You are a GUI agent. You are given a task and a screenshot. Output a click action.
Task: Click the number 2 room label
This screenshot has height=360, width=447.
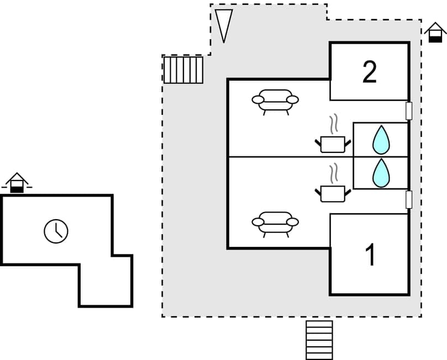tap(370, 72)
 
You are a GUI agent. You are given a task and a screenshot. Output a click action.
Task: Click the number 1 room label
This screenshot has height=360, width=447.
tap(371, 255)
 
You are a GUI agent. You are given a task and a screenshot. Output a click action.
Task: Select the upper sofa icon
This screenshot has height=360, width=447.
tap(275, 100)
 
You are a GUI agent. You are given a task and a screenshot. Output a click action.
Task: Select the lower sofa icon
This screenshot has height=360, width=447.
tap(275, 223)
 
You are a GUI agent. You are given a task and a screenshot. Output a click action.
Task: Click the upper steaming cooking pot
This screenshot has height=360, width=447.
tap(332, 144)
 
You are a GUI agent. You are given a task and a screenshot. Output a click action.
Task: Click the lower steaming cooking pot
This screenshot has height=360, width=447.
tap(332, 193)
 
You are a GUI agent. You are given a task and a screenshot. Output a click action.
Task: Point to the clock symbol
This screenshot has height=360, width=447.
tap(56, 231)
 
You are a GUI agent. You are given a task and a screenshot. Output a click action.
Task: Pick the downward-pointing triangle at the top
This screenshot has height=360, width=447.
tap(223, 24)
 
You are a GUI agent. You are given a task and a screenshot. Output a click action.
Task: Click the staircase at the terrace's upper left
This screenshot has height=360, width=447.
tap(183, 70)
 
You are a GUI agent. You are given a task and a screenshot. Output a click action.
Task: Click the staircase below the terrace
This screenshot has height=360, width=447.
tap(319, 340)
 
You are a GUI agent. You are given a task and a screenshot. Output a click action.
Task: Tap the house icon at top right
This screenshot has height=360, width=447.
tap(435, 33)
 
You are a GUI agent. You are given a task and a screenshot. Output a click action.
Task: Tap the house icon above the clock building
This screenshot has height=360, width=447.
tap(17, 183)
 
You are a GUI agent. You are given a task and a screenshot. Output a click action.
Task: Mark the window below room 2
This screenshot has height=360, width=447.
tap(409, 110)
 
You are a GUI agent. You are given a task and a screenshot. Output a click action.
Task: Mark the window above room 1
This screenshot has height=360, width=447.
tap(409, 199)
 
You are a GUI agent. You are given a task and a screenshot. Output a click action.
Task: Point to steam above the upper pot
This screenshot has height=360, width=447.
tap(332, 124)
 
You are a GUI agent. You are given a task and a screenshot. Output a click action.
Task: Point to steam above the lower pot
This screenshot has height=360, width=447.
tap(332, 173)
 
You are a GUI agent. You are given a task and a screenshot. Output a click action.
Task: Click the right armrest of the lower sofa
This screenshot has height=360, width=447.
tap(293, 222)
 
